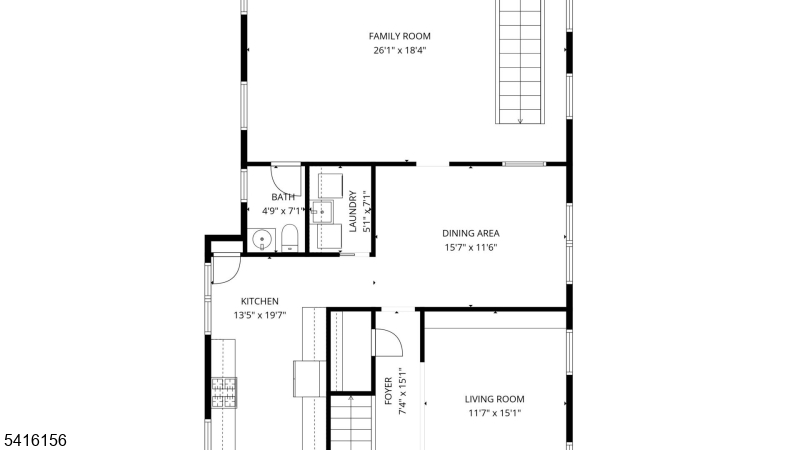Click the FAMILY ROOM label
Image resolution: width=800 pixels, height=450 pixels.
[399, 36]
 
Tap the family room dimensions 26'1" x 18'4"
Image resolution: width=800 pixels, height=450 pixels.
[399, 51]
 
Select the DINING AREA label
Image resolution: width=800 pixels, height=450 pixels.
[470, 234]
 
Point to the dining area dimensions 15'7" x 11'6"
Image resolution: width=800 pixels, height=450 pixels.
[470, 248]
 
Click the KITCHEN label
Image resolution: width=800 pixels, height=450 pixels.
[260, 302]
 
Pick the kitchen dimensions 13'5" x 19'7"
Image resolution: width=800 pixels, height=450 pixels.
[260, 316]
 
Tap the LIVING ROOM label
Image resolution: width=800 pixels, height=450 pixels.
[494, 399]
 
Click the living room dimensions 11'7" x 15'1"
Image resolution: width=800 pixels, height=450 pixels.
[494, 414]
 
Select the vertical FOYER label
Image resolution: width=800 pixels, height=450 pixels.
[388, 391]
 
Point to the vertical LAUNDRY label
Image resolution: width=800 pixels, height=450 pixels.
[353, 211]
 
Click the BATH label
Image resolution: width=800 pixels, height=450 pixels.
[283, 197]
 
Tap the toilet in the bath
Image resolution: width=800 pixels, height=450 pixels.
[289, 238]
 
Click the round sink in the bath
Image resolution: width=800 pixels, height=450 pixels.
[262, 239]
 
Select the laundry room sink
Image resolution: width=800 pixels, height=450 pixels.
[322, 212]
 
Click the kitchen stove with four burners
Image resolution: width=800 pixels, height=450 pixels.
[224, 392]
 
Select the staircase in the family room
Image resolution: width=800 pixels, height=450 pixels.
[520, 62]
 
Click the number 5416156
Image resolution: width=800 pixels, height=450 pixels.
[35, 440]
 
